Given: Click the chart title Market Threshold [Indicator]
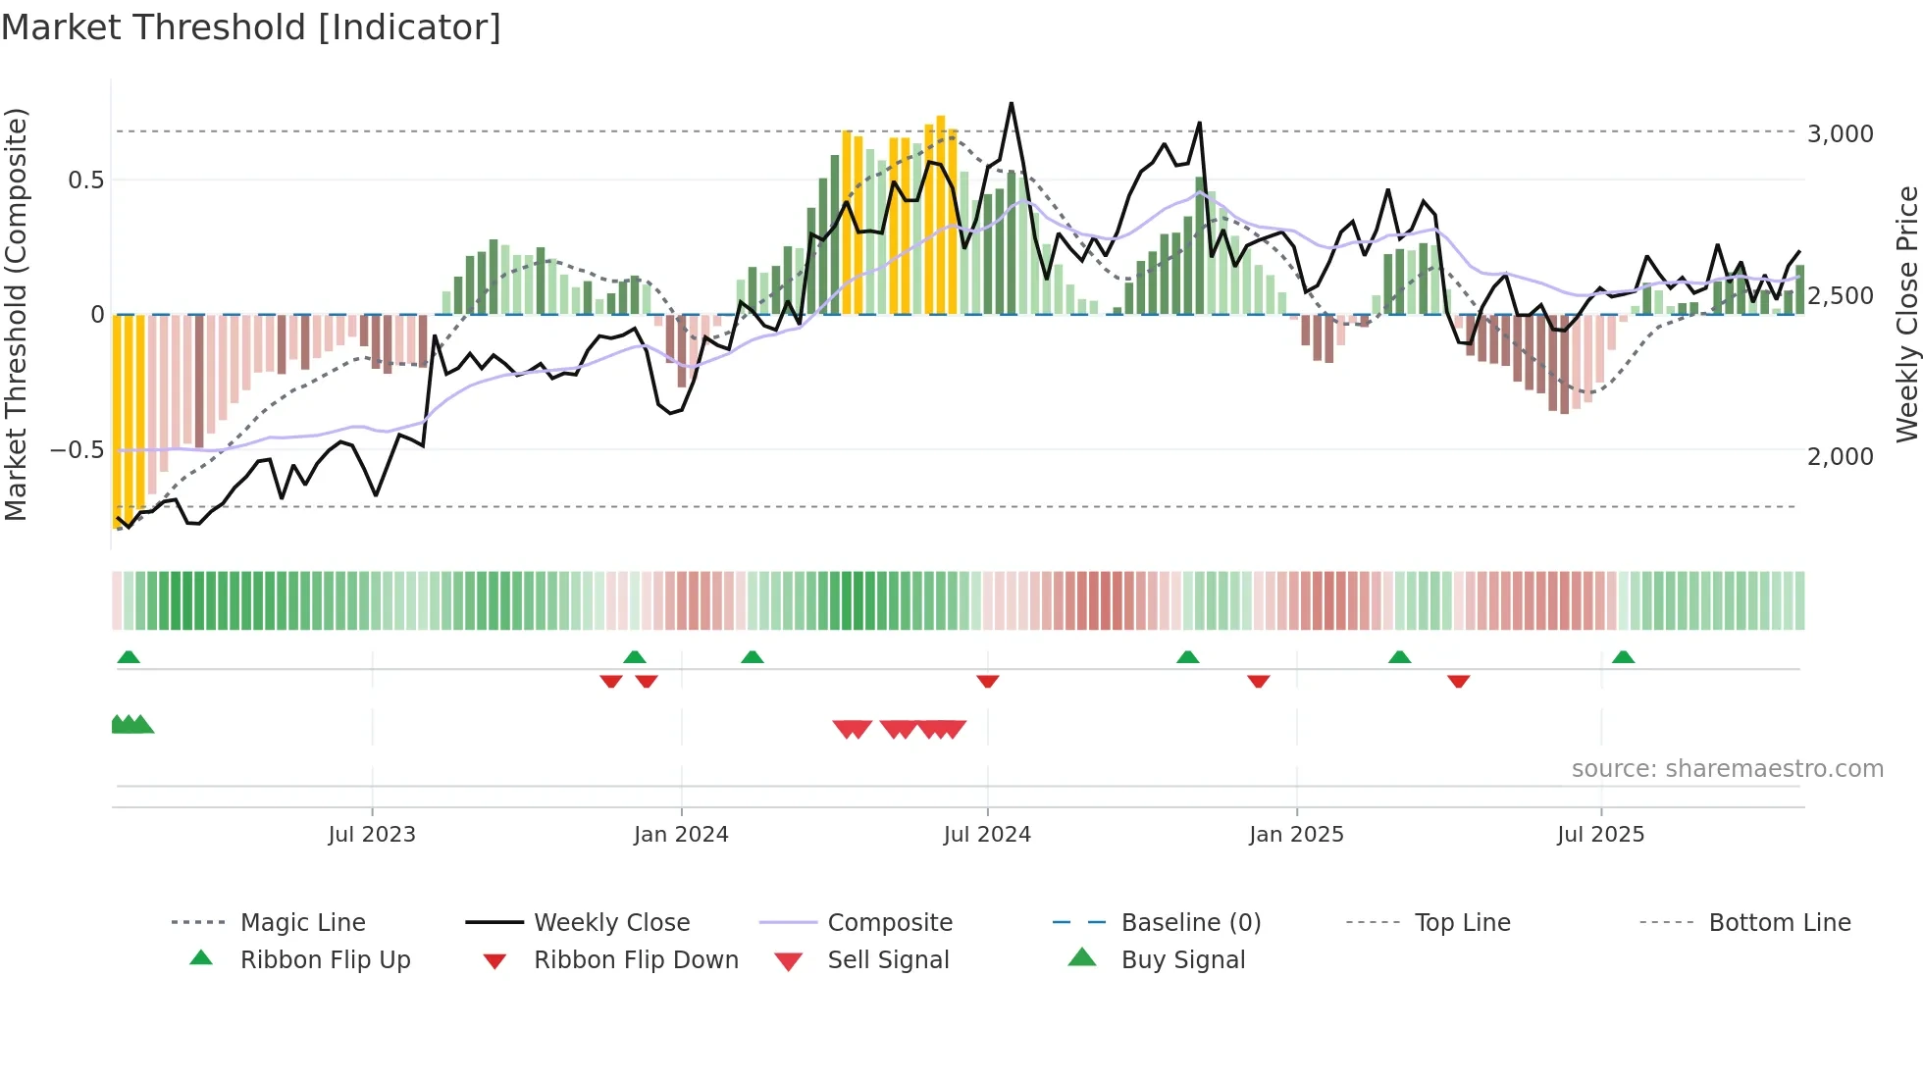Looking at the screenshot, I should [x=251, y=27].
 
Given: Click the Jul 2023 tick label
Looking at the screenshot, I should [x=372, y=835].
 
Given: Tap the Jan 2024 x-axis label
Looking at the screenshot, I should [x=681, y=835].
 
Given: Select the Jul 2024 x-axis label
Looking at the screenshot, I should [x=987, y=835].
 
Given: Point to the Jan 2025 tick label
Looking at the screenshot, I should [x=1296, y=835].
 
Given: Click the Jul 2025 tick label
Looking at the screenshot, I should [x=1600, y=835].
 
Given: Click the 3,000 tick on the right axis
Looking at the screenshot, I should [x=1840, y=134].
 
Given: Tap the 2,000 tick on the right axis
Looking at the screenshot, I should [x=1840, y=456].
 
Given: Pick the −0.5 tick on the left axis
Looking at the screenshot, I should [x=77, y=450].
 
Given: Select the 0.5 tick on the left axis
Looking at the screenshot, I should [x=85, y=180].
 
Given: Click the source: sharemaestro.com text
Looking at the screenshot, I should [x=1727, y=769].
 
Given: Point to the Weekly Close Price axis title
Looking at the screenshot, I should [x=1906, y=314].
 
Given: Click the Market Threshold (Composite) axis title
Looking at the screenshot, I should [x=16, y=314].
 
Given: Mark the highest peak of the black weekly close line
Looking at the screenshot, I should [x=1011, y=103].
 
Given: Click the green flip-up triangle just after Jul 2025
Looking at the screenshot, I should [x=1623, y=657].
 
